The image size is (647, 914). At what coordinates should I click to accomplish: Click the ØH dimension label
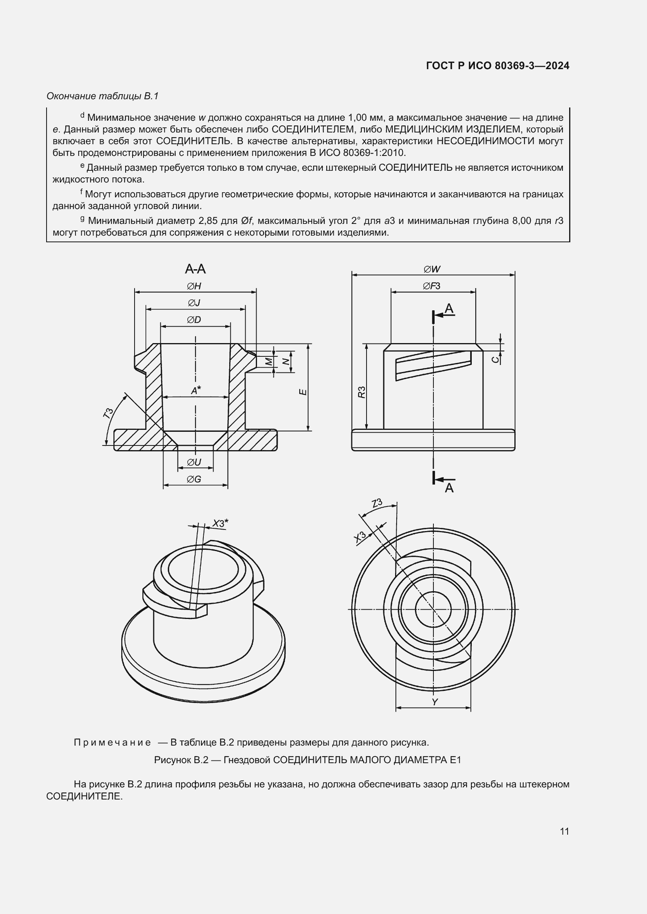click(x=194, y=286)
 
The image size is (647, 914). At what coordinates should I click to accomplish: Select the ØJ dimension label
click(x=194, y=303)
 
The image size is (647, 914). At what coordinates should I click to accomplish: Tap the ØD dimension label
click(x=194, y=320)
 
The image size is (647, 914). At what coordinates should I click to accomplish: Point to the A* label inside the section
click(x=196, y=391)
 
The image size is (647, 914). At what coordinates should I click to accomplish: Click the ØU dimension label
click(x=194, y=463)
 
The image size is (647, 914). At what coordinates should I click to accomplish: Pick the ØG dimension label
click(x=194, y=479)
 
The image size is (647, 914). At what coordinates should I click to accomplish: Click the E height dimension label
click(x=303, y=392)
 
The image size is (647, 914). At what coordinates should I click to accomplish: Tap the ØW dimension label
click(x=432, y=270)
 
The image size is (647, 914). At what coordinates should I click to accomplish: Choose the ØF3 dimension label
click(x=432, y=286)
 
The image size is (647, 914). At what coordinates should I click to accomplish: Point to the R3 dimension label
click(x=361, y=392)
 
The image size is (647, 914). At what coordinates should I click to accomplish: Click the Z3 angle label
click(x=376, y=503)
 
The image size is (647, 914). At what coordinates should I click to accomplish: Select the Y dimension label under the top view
click(x=435, y=702)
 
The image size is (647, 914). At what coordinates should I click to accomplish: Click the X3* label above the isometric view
click(x=220, y=523)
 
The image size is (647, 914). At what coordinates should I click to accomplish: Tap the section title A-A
click(x=195, y=269)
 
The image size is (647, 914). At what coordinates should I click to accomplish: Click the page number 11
click(x=564, y=832)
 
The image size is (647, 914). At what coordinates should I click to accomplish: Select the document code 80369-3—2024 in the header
click(x=532, y=66)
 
